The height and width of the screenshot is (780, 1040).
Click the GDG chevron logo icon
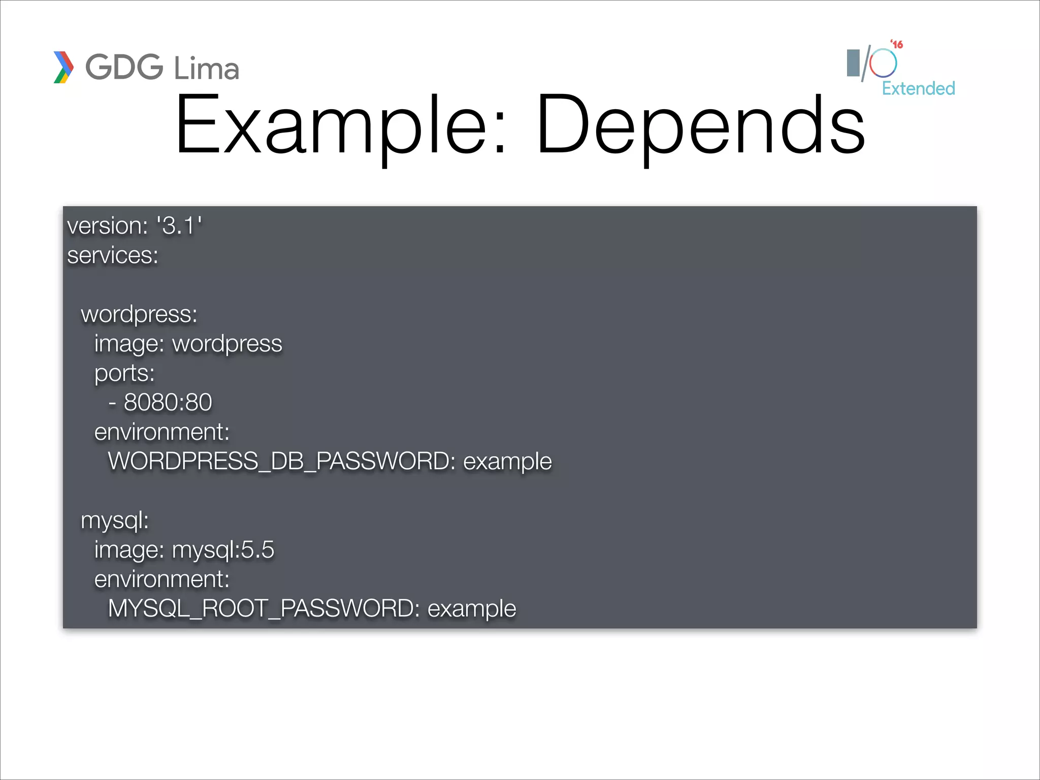pyautogui.click(x=63, y=67)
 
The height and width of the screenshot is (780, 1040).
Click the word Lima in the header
pyautogui.click(x=206, y=69)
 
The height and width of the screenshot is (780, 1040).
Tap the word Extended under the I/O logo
pyautogui.click(x=918, y=88)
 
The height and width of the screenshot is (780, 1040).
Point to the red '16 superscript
pyautogui.click(x=897, y=45)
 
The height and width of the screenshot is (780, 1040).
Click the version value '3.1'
pyautogui.click(x=179, y=225)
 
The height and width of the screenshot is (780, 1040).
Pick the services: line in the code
pyautogui.click(x=113, y=255)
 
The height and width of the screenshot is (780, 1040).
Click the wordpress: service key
pyautogui.click(x=139, y=314)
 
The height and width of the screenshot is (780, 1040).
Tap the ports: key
pyautogui.click(x=124, y=373)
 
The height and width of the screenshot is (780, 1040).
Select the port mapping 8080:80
pyautogui.click(x=168, y=402)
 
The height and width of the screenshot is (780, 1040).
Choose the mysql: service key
pyautogui.click(x=115, y=520)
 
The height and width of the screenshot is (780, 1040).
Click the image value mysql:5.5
pyautogui.click(x=223, y=549)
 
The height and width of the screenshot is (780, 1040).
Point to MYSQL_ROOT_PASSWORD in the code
pyautogui.click(x=264, y=608)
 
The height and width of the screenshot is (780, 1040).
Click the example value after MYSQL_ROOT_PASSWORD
pyautogui.click(x=472, y=608)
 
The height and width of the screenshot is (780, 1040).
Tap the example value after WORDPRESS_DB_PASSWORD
pyautogui.click(x=507, y=461)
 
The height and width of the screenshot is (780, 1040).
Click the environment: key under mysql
pyautogui.click(x=162, y=579)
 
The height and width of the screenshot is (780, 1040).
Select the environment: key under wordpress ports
pyautogui.click(x=162, y=432)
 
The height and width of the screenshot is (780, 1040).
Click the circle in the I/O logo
pyautogui.click(x=883, y=63)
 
